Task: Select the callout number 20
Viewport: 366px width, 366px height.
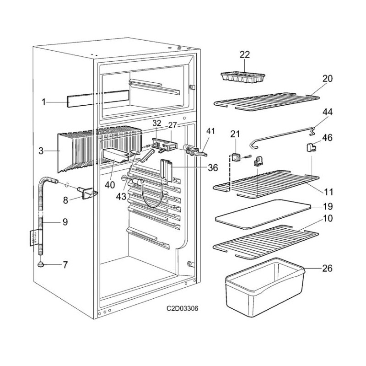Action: [x=328, y=78]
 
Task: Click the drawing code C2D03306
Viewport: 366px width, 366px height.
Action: [x=183, y=309]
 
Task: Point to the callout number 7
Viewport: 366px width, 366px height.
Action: [x=65, y=265]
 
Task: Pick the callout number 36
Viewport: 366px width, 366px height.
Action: [x=212, y=168]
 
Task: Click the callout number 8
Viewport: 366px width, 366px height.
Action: [x=65, y=199]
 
